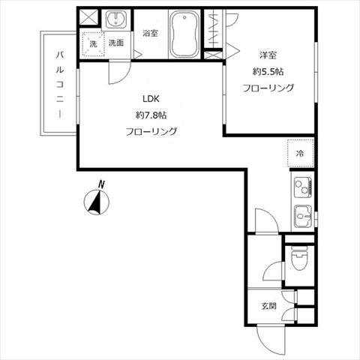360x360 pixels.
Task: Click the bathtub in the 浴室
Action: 184,34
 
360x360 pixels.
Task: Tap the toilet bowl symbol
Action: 299,259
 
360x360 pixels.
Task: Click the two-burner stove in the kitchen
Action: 303,187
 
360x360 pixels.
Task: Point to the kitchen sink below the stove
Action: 303,216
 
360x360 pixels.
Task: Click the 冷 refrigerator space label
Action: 300,153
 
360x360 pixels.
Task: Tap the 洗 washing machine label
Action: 93,44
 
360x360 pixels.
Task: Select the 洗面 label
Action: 116,43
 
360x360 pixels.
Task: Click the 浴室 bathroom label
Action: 151,33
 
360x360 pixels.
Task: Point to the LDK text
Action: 151,99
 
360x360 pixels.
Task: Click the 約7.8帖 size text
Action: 151,115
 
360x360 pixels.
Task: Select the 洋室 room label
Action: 268,55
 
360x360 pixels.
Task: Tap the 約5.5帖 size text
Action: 268,72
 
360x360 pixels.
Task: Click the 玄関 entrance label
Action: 268,306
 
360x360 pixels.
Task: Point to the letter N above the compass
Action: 101,184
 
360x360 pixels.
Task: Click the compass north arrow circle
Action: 97,202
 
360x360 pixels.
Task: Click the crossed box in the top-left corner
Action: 89,17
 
